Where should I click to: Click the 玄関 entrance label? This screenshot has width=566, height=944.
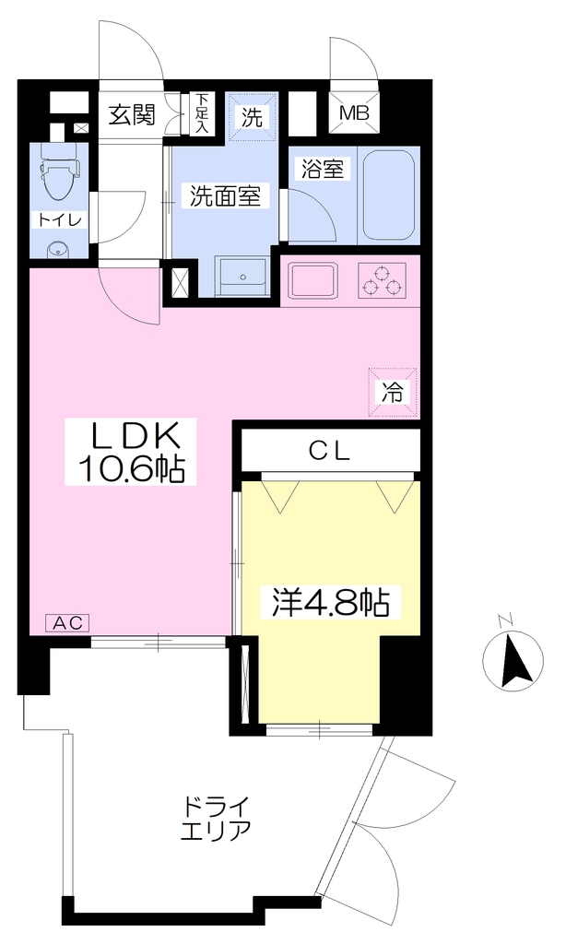132,114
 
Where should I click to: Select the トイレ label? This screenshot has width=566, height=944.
59,219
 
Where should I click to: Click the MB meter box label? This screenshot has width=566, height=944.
354,112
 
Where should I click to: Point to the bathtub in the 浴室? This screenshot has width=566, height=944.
389,195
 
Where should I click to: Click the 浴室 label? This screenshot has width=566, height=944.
323,170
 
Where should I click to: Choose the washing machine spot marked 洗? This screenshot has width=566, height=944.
253,117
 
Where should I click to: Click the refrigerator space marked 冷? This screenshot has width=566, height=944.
394,392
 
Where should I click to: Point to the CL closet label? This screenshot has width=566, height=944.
329,452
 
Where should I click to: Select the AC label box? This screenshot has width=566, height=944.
68,622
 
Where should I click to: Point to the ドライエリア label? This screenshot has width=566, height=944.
215,818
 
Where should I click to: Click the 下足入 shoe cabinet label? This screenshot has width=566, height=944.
203,113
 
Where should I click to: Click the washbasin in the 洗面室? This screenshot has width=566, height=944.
242,275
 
